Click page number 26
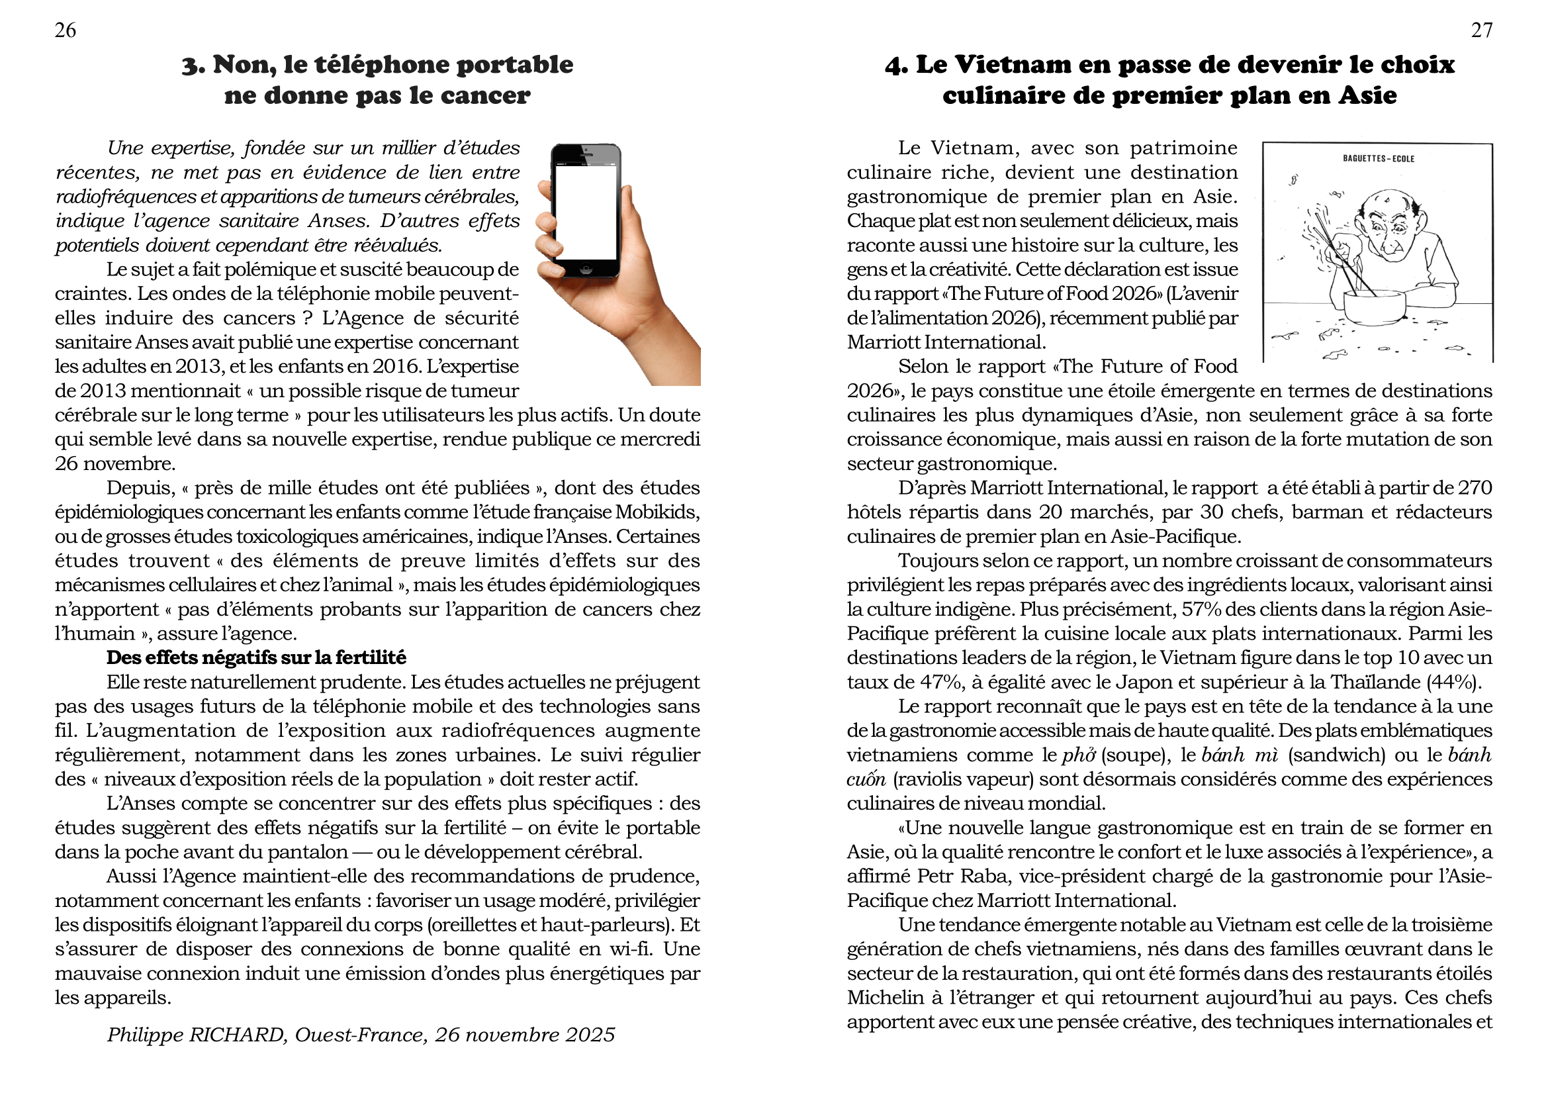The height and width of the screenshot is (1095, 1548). coord(66,30)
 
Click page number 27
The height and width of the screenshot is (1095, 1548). coord(1481,30)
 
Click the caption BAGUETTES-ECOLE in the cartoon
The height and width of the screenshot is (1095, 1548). coord(1378,159)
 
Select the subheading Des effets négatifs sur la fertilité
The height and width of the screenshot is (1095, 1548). coord(256,657)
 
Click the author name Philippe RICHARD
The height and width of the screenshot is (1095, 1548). coord(196,1034)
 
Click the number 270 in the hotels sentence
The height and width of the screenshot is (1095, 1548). coord(1475,487)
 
